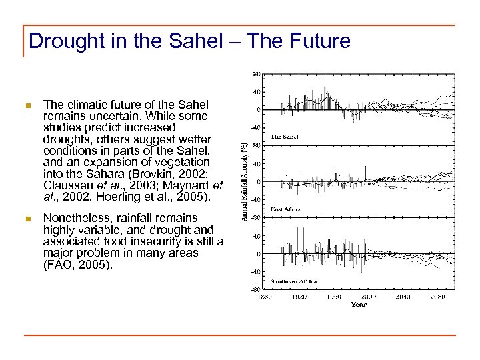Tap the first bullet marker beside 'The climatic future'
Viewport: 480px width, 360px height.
pyautogui.click(x=27, y=105)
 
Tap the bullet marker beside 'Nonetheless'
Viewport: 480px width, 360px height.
pyautogui.click(x=27, y=219)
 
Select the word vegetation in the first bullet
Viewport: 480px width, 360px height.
pyautogui.click(x=182, y=162)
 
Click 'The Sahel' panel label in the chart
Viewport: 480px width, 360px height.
pyautogui.click(x=284, y=137)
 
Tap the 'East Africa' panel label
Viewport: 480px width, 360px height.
pyautogui.click(x=286, y=209)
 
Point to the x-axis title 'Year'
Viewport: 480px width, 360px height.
pyautogui.click(x=359, y=305)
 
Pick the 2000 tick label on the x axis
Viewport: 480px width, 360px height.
pyautogui.click(x=368, y=296)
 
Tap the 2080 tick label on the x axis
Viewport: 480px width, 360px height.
pyautogui.click(x=438, y=296)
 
